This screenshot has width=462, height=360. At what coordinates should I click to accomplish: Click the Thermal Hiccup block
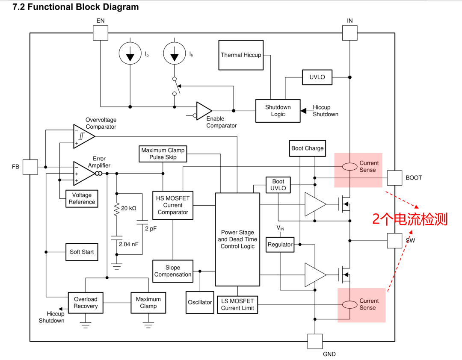[x=241, y=55]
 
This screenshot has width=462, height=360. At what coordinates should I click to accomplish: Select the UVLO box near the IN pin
[x=317, y=77]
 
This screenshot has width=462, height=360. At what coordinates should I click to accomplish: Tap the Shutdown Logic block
[x=278, y=111]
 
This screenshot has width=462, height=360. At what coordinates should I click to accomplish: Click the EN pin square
[x=101, y=32]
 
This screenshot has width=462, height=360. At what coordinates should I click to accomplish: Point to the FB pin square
[x=30, y=167]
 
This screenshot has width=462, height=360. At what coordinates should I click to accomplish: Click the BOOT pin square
[x=394, y=178]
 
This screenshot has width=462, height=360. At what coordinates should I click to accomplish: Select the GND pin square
[x=315, y=342]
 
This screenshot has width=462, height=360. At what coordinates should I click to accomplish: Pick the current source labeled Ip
[x=130, y=53]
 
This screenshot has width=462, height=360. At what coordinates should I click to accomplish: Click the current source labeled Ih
[x=175, y=53]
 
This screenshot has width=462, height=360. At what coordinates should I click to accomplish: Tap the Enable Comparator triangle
[x=203, y=111]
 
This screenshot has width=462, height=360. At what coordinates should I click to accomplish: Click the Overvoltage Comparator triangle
[x=83, y=136]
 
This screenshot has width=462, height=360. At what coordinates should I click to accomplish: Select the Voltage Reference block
[x=82, y=199]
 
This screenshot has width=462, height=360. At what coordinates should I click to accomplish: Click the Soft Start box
[x=82, y=252]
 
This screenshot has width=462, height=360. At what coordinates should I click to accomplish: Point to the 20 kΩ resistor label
[x=129, y=208]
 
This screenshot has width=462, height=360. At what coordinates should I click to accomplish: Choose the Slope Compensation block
[x=173, y=271]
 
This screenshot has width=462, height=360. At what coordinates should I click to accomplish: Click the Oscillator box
[x=200, y=302]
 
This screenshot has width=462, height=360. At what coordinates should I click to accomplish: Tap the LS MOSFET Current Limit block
[x=237, y=304]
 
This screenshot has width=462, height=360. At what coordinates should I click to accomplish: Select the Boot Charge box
[x=307, y=148]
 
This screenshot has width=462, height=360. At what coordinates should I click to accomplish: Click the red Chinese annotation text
[x=410, y=219]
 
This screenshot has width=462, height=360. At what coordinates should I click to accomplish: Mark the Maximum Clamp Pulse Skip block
[x=163, y=154]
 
